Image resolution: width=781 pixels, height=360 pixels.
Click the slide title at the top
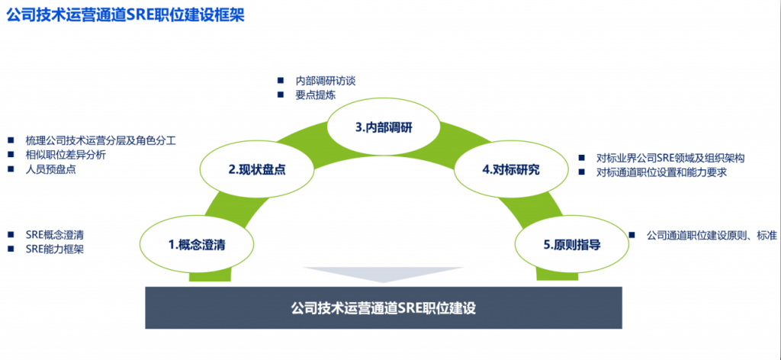[125, 15]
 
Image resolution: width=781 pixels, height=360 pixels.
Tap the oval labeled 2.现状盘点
[257, 170]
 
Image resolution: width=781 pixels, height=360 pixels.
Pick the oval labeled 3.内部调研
[384, 127]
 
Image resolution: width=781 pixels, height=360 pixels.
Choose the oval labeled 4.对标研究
[511, 170]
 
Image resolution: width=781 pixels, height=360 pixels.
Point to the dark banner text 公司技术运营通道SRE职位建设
[384, 307]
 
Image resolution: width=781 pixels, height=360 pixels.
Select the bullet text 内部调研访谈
[325, 81]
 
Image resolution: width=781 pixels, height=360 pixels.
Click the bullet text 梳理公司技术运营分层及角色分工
[101, 140]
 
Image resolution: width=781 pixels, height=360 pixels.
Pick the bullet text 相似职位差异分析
[66, 154]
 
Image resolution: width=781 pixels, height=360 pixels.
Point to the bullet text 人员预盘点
[51, 169]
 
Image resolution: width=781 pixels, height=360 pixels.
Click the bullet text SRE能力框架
[55, 249]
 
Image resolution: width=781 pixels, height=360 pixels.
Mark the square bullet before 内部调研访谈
[281, 79]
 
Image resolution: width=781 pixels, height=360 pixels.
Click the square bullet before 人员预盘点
[11, 169]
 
